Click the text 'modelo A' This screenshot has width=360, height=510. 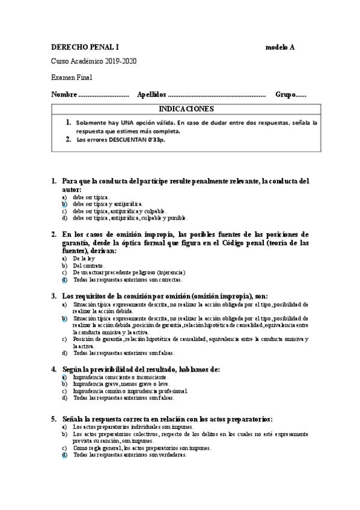click(279, 48)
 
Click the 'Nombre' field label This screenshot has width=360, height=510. click(64, 94)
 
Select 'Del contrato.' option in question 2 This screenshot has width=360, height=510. click(88, 265)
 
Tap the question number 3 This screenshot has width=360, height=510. click(53, 296)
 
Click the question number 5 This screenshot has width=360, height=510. click(53, 419)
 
